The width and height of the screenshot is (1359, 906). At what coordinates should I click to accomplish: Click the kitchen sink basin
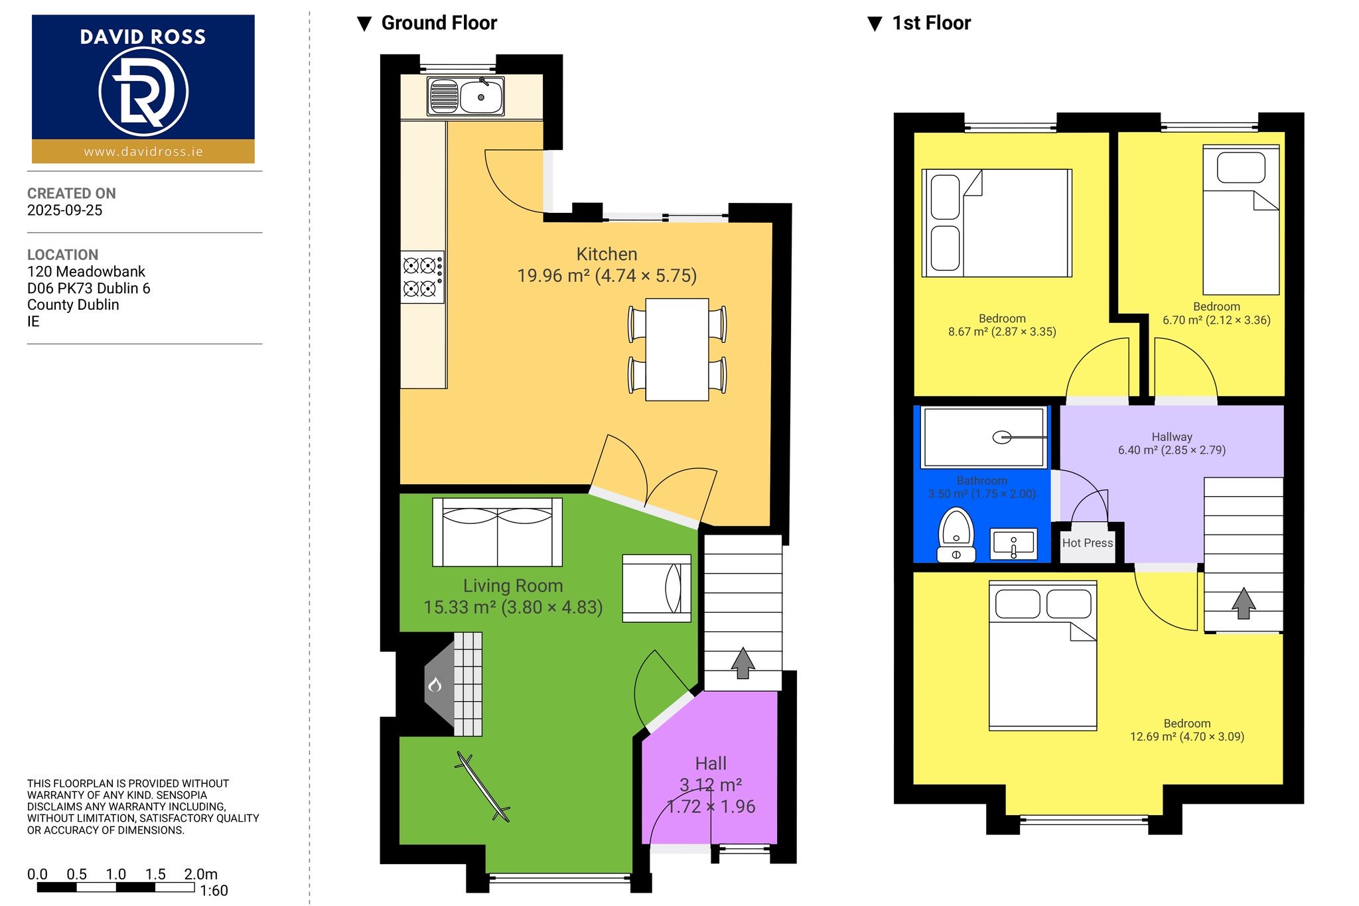click(x=480, y=97)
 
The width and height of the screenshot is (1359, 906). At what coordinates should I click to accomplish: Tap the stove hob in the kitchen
click(x=422, y=277)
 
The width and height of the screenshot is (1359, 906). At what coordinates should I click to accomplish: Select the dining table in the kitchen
click(x=677, y=350)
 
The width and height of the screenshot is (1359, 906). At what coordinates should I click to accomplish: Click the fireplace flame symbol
click(x=435, y=684)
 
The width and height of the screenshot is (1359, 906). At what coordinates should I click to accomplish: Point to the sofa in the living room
click(x=497, y=532)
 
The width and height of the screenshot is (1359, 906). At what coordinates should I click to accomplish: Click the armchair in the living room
click(x=656, y=588)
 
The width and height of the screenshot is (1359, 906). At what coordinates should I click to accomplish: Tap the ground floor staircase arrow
click(x=743, y=663)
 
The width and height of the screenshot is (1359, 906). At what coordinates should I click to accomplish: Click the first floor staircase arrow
click(x=1244, y=603)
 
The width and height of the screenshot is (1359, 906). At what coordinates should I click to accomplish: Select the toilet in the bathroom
click(x=956, y=535)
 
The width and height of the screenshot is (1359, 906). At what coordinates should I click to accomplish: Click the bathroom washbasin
click(x=1013, y=543)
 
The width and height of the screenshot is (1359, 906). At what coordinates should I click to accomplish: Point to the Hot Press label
click(x=1088, y=543)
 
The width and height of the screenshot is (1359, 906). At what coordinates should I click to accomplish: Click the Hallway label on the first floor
click(x=1172, y=436)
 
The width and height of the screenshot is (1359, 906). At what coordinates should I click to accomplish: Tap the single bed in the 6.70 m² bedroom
click(x=1241, y=220)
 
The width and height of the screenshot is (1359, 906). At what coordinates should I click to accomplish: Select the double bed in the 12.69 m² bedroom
click(x=1042, y=655)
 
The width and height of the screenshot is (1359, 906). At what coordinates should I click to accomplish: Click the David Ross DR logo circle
click(x=143, y=90)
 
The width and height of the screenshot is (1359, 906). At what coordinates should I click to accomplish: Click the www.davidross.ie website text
click(x=143, y=152)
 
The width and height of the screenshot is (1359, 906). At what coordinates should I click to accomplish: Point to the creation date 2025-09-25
click(x=65, y=210)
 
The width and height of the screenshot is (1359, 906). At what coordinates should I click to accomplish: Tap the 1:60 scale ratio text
click(x=214, y=891)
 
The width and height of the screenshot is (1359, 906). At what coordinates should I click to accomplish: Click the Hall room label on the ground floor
click(x=711, y=763)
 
